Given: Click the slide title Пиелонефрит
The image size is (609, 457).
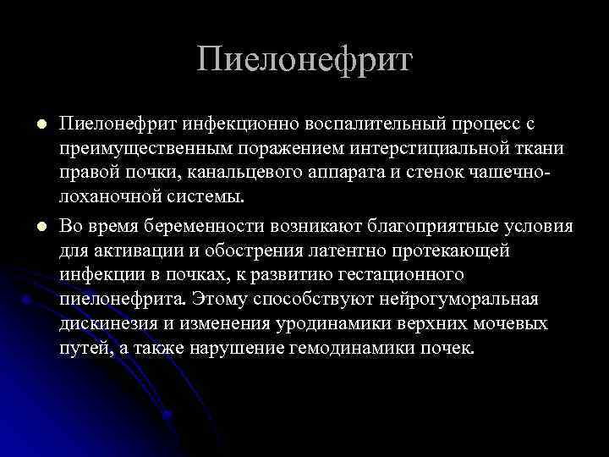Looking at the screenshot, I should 304,60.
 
